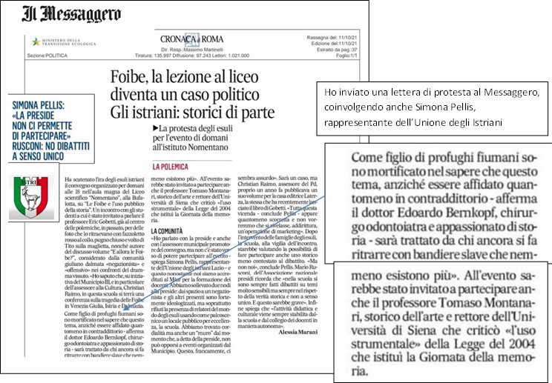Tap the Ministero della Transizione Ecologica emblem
[x=36, y=41]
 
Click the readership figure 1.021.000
[x=258, y=55]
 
